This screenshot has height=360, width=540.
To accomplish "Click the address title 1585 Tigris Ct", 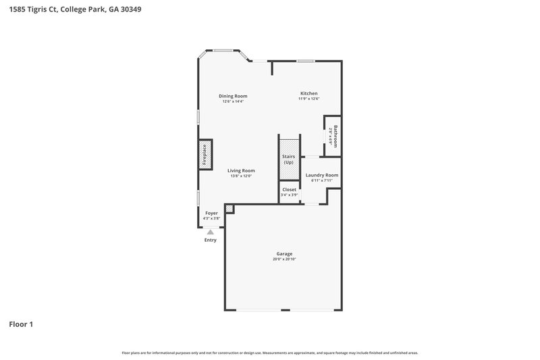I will coord(75,10).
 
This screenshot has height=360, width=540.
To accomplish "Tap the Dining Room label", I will coord(232,96).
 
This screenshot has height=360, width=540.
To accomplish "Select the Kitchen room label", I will coord(308,93).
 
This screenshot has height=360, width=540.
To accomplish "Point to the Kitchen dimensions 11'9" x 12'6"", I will coord(308,99).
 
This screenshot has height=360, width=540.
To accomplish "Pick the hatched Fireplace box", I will coord(205,155).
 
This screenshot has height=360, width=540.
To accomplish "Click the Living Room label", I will coord(240,170).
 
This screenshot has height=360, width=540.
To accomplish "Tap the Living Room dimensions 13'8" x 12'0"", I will coord(240,176).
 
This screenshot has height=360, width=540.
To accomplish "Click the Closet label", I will coord(289,190).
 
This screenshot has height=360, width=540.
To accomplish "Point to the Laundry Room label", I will coord(321,175).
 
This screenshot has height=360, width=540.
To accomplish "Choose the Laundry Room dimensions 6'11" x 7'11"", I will coord(321,181).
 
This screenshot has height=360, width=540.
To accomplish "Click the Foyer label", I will coord(211,213).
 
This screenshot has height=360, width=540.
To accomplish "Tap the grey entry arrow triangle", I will coord(210,232).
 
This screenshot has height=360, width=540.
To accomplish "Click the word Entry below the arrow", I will coord(211,240).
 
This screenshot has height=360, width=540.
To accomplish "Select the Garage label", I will coord(284,253).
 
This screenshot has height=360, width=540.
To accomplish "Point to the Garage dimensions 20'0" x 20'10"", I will coord(284,259).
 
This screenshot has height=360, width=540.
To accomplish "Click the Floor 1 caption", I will coord(21,324).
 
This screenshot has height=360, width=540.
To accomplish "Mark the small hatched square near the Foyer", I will coord(230,209).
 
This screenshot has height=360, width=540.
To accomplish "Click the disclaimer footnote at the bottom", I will coord(270,353).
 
